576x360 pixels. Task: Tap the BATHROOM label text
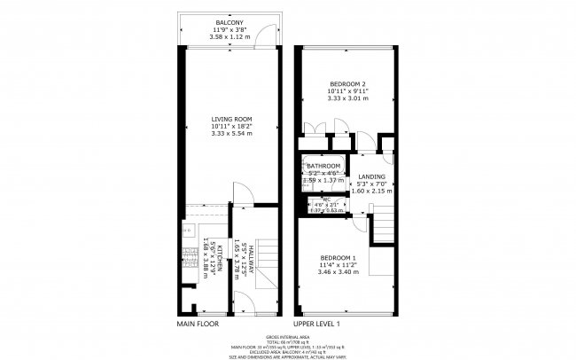click(323, 166)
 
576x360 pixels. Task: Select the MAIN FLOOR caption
click(198, 324)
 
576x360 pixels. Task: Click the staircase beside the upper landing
click(382, 227)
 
